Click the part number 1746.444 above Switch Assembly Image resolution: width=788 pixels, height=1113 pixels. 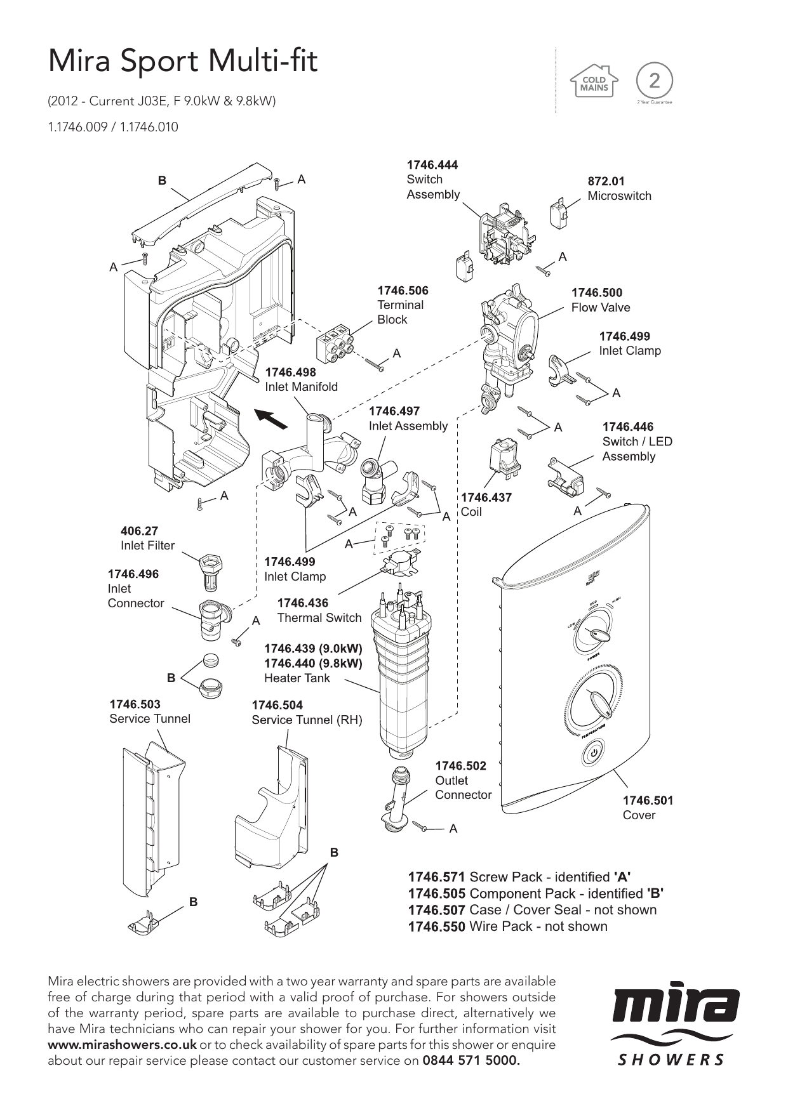point(432,165)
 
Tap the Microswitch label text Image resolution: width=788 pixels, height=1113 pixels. point(619,196)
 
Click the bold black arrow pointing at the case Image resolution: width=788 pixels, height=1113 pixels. point(271,419)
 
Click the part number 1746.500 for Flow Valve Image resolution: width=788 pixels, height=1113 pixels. point(596,293)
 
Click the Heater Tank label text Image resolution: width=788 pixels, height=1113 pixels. point(297,678)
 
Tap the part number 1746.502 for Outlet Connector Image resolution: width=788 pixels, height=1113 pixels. point(460,766)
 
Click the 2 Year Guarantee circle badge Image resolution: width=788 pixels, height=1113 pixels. point(653,81)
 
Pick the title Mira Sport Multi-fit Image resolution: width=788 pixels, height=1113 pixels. point(183,62)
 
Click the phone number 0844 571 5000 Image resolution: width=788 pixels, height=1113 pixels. point(471,1060)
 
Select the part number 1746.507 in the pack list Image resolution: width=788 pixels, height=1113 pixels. point(436,910)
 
